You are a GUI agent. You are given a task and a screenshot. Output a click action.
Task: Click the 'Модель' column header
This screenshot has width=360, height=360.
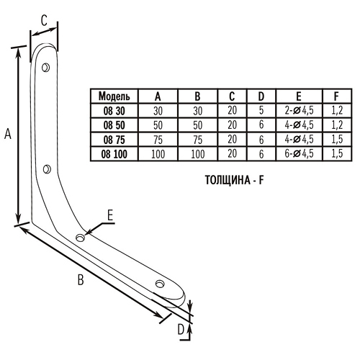114,96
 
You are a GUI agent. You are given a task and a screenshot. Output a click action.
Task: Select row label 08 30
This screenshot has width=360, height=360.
114,111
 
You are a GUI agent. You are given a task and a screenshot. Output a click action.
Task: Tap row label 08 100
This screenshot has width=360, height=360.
114,154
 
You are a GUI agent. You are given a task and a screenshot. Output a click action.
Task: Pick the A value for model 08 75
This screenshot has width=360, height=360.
158,140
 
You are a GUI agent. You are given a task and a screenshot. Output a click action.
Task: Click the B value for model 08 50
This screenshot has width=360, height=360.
197,125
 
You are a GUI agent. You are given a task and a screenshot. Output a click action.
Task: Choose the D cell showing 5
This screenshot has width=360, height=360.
261,110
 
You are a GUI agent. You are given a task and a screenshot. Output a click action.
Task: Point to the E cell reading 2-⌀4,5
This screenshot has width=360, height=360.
299,110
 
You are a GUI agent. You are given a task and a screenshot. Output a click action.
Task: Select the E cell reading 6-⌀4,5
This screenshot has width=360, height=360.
299,153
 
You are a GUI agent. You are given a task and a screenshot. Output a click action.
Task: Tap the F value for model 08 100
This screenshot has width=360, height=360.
337,153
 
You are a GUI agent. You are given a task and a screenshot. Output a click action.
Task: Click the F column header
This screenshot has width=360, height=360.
336,96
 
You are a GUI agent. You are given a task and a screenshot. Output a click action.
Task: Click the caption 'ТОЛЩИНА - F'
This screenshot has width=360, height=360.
235,180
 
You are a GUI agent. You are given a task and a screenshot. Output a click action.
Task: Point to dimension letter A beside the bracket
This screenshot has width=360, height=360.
8,134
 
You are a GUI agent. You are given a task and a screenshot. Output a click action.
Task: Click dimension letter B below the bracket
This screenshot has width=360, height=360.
81,279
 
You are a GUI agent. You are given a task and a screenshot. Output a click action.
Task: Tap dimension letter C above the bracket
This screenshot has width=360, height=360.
44,20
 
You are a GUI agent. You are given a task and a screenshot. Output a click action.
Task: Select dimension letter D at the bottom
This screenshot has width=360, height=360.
181,330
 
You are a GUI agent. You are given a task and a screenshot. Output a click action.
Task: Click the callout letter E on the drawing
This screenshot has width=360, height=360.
110,215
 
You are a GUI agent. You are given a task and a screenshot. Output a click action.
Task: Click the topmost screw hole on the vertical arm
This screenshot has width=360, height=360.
45,68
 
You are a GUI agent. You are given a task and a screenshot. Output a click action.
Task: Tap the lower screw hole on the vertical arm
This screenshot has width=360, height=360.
47,169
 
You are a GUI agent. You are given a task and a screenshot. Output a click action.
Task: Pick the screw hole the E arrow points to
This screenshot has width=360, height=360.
81,238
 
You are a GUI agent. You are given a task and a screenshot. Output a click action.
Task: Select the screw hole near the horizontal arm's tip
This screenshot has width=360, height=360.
160,284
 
